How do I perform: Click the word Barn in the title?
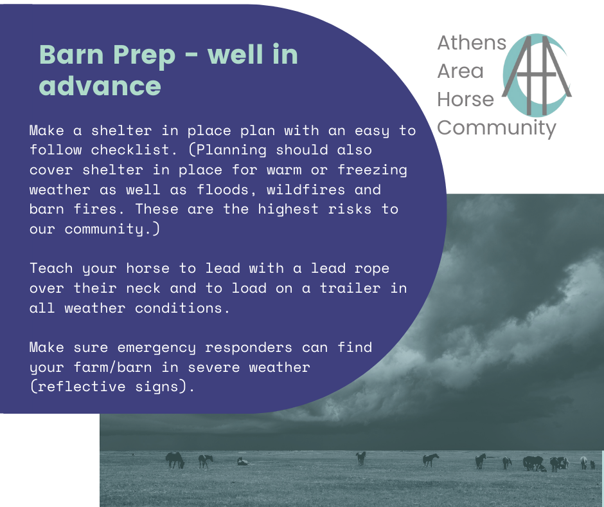click(72, 55)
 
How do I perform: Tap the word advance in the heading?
click(100, 86)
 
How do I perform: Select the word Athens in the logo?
click(472, 42)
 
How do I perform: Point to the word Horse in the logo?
click(465, 99)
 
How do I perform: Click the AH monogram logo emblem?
click(537, 75)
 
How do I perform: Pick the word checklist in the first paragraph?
click(134, 150)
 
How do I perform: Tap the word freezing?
click(372, 171)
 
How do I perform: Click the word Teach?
click(51, 268)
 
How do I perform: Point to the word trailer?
click(350, 288)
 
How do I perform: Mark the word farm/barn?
click(112, 367)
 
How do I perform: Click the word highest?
click(288, 209)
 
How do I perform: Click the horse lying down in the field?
click(242, 461)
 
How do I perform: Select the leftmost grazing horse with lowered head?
click(175, 460)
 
